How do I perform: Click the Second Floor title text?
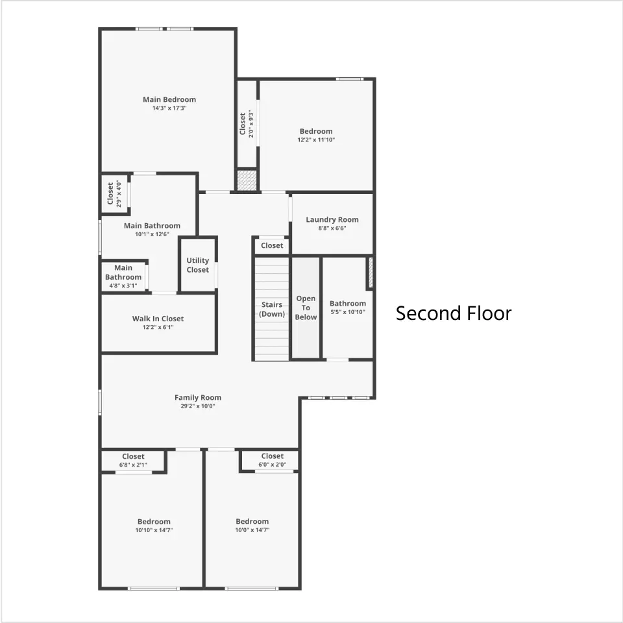click(x=454, y=313)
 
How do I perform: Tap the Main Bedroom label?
click(x=169, y=99)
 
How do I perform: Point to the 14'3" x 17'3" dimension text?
click(x=169, y=108)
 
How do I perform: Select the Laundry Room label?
click(x=332, y=219)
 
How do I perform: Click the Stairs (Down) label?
click(x=272, y=309)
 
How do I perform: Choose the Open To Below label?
click(x=306, y=308)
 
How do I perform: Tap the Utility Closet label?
click(x=197, y=265)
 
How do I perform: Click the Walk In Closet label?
click(x=158, y=318)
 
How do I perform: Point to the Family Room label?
click(x=198, y=397)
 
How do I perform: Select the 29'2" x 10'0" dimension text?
click(x=198, y=406)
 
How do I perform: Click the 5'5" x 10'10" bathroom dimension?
click(x=348, y=312)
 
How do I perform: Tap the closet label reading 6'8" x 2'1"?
click(x=133, y=465)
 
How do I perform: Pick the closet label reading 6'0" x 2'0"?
click(x=272, y=465)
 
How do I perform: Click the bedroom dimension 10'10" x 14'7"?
click(x=154, y=530)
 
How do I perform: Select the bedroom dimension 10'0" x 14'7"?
click(x=252, y=530)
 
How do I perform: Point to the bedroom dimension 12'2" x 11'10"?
click(x=316, y=140)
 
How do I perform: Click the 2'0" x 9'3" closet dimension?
click(x=251, y=124)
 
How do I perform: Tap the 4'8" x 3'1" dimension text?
click(x=123, y=286)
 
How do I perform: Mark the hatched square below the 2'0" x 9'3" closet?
click(x=247, y=180)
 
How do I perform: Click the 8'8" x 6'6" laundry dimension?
click(x=332, y=228)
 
